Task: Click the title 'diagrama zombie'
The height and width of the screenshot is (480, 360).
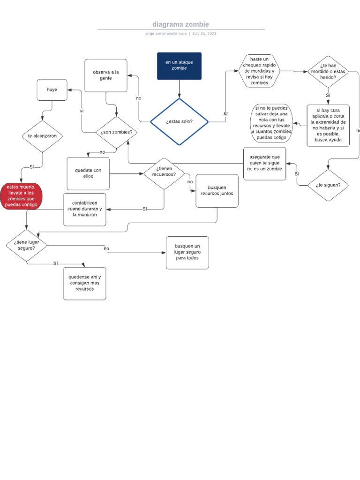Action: coord(180,24)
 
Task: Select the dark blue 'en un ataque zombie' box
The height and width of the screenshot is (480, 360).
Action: coord(179,66)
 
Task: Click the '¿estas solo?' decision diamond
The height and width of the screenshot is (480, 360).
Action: coord(179,122)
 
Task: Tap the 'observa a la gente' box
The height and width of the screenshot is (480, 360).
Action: coord(106,75)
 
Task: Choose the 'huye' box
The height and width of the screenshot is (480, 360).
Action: coord(52,90)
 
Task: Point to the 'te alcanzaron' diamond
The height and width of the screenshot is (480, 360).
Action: coord(42,136)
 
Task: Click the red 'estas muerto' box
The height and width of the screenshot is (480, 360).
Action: coord(21,196)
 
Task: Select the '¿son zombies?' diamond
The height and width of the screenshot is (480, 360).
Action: coord(116,133)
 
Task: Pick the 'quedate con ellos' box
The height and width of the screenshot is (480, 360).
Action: coord(88,173)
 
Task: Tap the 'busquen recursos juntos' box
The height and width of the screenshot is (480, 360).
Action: coord(217,191)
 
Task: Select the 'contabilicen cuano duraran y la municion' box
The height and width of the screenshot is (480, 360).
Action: coord(84,209)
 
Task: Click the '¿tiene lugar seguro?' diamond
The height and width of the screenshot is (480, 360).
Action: coord(27,245)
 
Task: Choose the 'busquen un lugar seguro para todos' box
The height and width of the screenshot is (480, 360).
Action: coord(187,253)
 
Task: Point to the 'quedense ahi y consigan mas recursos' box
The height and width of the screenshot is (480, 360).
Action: coord(84,283)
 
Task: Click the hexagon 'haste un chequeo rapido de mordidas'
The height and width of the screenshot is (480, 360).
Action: coord(260,71)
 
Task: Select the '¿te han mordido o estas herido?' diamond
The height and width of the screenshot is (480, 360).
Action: coord(328,72)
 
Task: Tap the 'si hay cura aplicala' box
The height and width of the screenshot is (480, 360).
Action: coord(328,125)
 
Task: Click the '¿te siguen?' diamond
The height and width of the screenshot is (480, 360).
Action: coord(328,185)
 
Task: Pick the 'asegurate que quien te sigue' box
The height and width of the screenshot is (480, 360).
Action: coord(264,163)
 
